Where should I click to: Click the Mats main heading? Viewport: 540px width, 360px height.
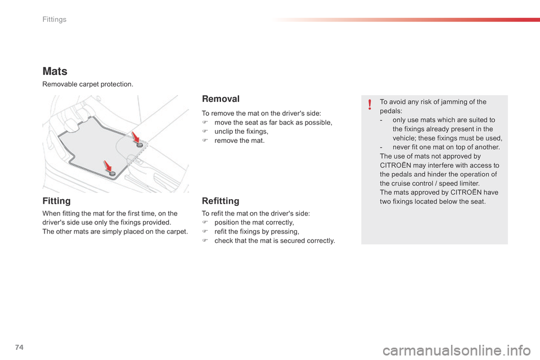(55, 71)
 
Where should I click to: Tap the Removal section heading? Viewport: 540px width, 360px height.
(220, 99)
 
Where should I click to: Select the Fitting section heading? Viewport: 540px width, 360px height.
(57, 201)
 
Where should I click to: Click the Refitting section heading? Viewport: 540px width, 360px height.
(220, 201)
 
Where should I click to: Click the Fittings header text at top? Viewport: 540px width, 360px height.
(54, 20)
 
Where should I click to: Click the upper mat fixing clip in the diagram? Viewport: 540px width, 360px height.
(139, 145)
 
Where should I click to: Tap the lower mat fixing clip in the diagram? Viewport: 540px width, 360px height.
(112, 174)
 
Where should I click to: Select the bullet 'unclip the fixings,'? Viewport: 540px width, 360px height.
(241, 132)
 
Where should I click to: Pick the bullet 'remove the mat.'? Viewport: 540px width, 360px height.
(239, 141)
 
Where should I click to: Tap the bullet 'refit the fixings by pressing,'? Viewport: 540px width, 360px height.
(256, 232)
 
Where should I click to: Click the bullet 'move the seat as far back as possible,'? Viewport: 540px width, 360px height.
(273, 123)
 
